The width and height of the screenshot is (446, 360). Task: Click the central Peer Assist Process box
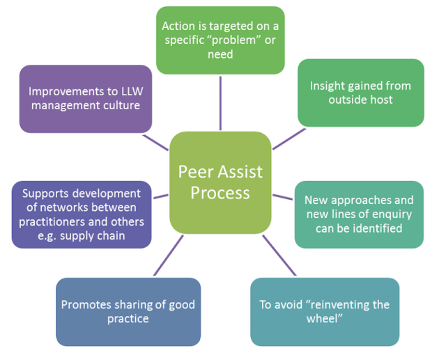coord(220,182)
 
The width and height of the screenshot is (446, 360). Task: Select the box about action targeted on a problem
coord(220,40)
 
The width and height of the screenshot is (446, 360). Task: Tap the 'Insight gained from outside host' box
coord(360,93)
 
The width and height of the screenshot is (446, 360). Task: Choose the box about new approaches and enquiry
coord(358,214)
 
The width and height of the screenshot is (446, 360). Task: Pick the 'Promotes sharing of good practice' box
coord(128,311)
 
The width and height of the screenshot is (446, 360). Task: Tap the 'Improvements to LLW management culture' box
coord(86,99)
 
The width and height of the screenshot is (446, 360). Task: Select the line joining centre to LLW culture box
coord(156,141)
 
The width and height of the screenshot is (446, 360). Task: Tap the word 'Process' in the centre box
coord(220,192)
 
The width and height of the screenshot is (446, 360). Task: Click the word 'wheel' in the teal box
coord(325,319)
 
